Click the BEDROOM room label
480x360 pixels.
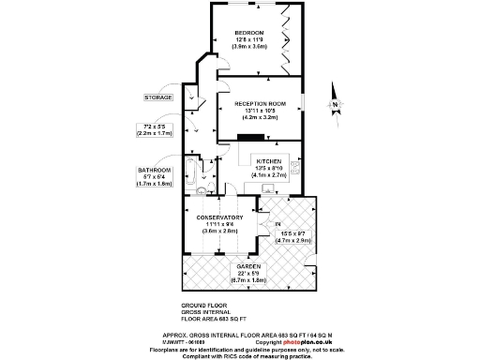point(249,33)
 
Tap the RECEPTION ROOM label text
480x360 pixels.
point(260,103)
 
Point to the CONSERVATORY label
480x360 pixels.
point(222,218)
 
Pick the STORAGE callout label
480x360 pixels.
point(157,97)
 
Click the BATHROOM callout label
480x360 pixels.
point(155,170)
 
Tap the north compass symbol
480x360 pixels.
point(336,95)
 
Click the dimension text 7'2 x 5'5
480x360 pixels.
point(155,127)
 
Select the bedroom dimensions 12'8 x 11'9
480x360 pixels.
point(249,39)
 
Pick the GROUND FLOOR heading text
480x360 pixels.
point(202,306)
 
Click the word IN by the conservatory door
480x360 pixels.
point(277,225)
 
